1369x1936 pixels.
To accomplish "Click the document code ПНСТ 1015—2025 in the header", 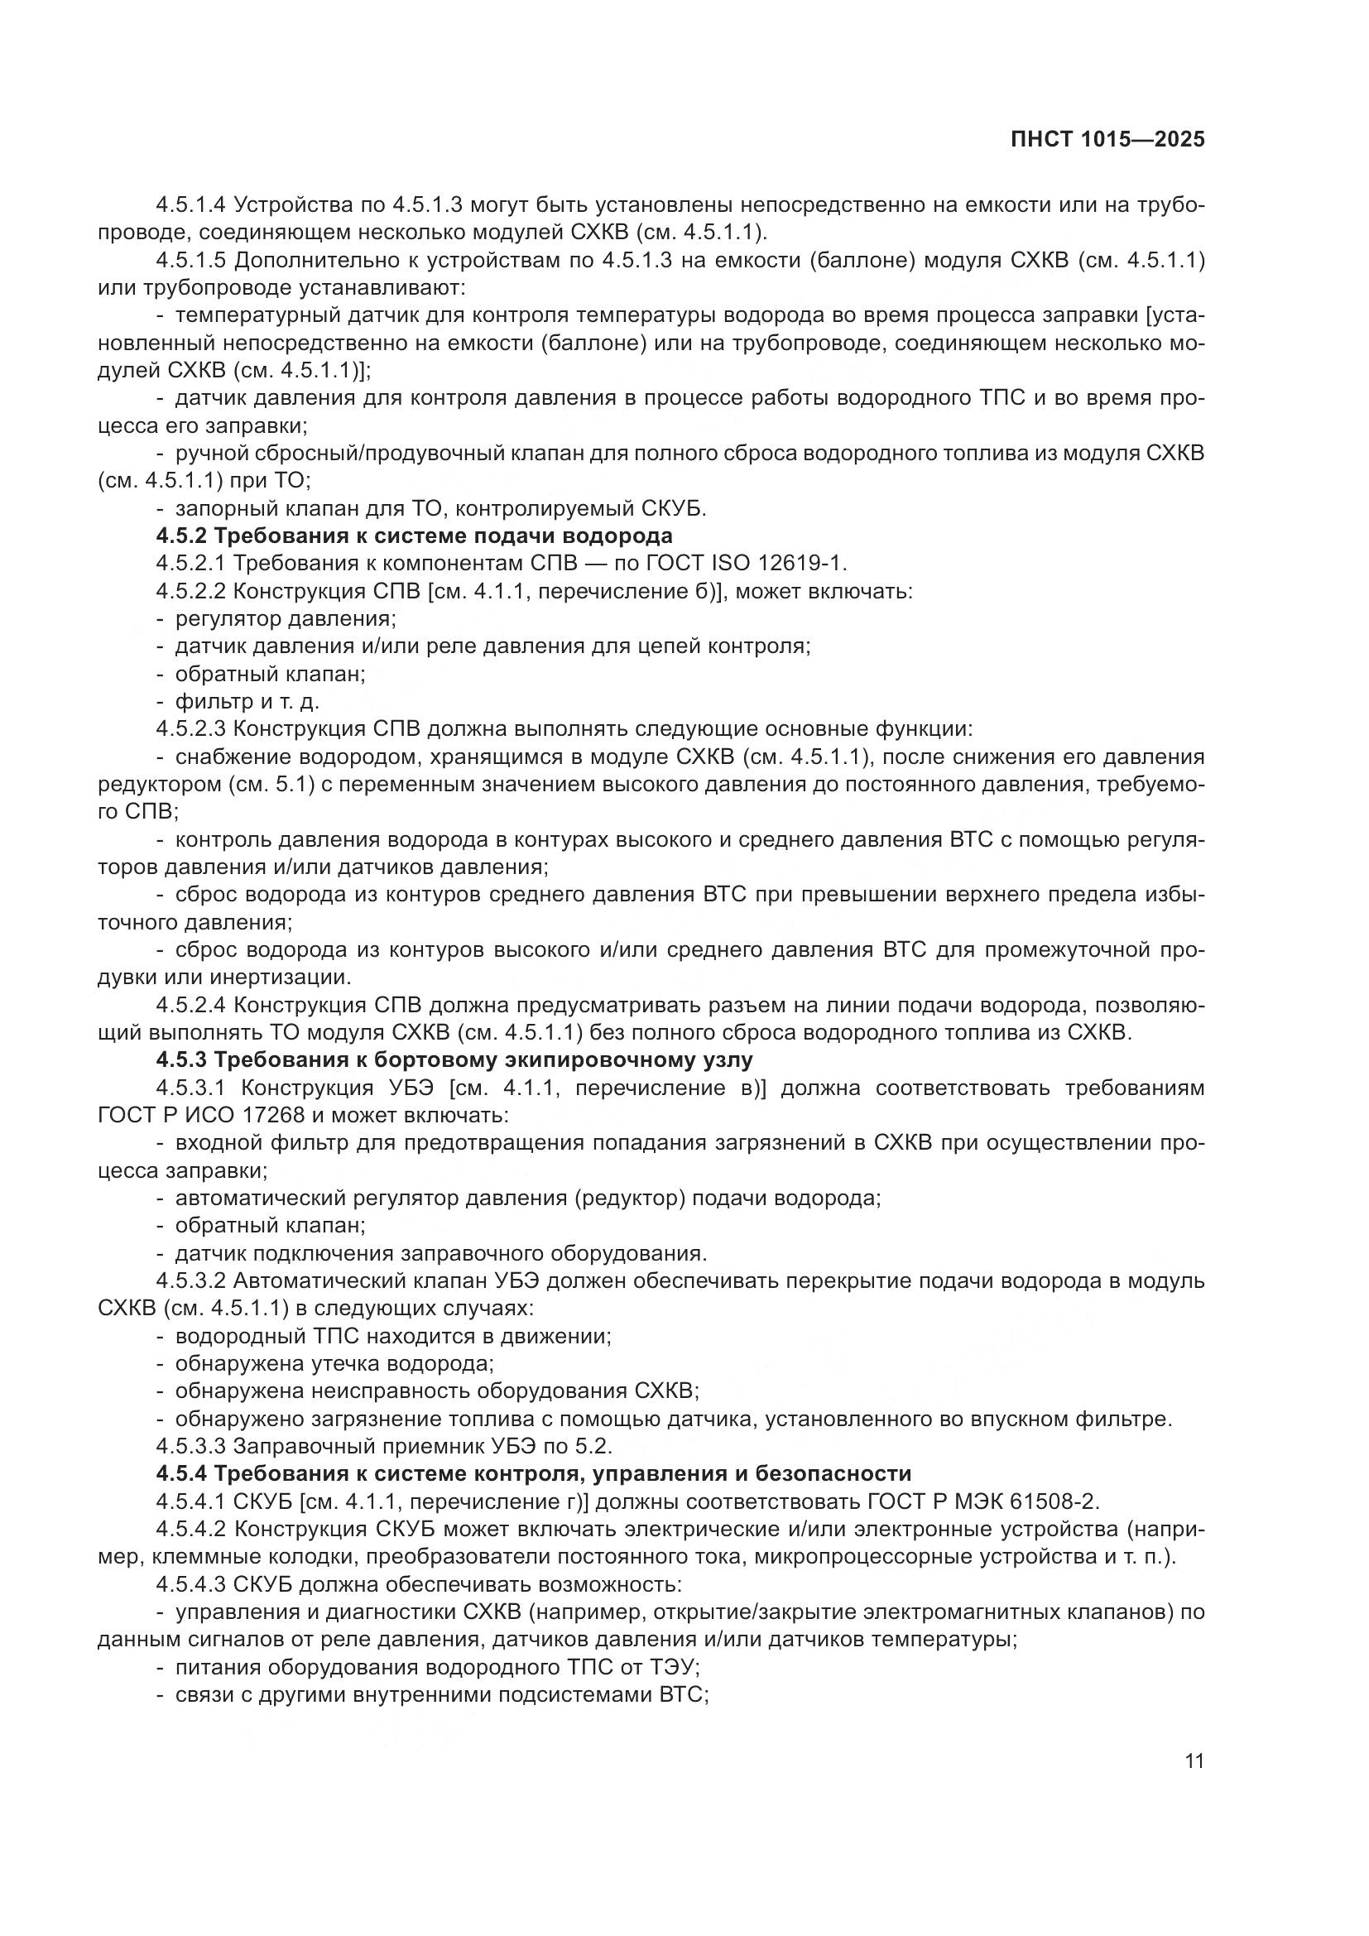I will (x=1107, y=140).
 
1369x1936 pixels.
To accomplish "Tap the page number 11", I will (x=1194, y=1761).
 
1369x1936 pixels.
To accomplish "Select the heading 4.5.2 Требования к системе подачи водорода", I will (x=414, y=536).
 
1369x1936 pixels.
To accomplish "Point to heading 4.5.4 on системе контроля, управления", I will (x=534, y=1473).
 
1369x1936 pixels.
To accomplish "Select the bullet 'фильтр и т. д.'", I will (x=247, y=702).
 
